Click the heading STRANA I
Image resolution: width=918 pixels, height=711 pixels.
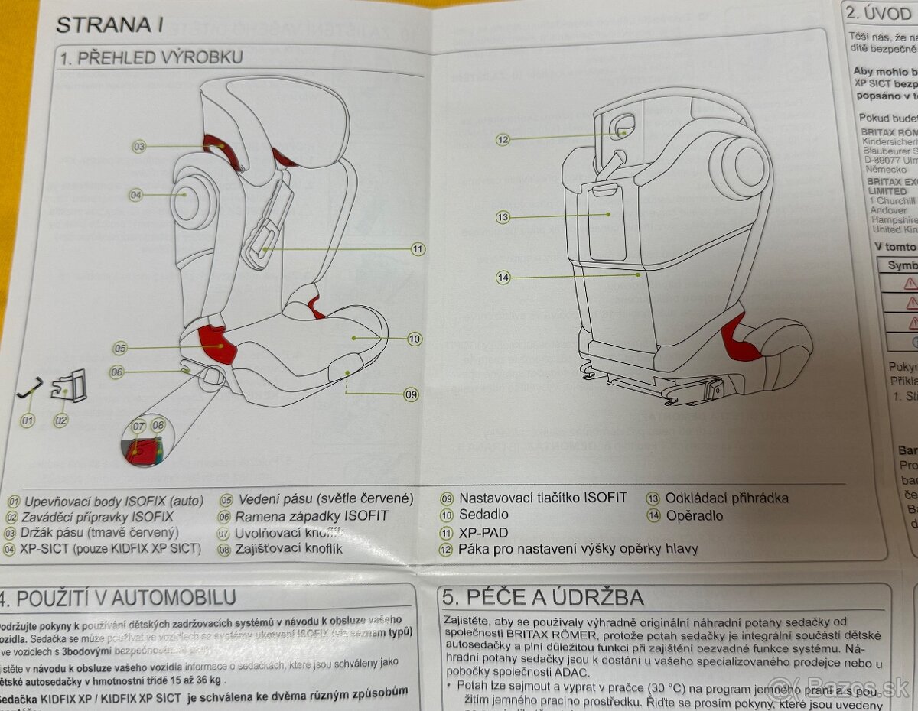(x=109, y=24)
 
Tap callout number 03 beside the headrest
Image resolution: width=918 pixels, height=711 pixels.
(x=139, y=146)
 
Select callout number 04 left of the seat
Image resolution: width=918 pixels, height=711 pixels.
(x=135, y=195)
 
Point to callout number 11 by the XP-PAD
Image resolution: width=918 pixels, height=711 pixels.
(x=418, y=248)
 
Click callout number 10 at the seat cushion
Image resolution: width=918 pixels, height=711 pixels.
(x=414, y=339)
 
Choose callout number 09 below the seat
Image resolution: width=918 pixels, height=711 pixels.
(x=411, y=394)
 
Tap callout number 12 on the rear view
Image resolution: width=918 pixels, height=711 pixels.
(x=503, y=140)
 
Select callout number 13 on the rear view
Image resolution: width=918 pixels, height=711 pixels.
(x=503, y=218)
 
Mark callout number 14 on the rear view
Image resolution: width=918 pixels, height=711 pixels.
(x=503, y=278)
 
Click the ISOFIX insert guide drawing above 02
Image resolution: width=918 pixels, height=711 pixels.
(x=69, y=388)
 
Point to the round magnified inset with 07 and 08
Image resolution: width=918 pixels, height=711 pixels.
(x=148, y=441)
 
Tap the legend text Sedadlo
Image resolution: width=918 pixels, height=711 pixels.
(x=483, y=515)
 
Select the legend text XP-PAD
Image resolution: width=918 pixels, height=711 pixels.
(x=483, y=533)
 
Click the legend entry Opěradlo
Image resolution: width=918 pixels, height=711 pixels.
(x=694, y=516)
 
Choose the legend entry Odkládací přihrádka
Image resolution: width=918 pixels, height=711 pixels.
(x=726, y=498)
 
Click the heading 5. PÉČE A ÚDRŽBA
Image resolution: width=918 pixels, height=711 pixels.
(x=543, y=597)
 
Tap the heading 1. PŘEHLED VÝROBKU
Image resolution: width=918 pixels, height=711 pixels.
(x=151, y=58)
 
